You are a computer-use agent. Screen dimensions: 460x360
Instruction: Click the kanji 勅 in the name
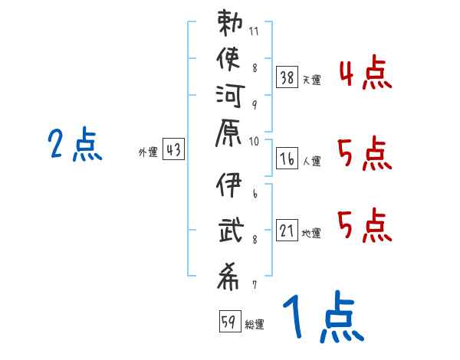(x=230, y=23)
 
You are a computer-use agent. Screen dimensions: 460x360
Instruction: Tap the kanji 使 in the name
(x=228, y=59)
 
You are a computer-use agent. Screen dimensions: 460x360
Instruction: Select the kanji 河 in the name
(x=230, y=96)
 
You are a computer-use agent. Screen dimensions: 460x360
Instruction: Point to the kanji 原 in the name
(x=228, y=133)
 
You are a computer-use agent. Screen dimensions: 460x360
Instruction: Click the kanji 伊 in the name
(x=228, y=185)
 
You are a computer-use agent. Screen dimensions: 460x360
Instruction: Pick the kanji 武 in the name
(x=232, y=230)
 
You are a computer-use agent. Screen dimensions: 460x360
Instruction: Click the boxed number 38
(x=287, y=77)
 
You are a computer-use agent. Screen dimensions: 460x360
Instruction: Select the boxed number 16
(x=287, y=159)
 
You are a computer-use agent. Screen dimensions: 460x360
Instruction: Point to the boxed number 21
(x=287, y=230)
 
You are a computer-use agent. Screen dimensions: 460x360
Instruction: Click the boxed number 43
(x=173, y=149)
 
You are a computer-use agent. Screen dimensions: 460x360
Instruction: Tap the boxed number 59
(x=230, y=321)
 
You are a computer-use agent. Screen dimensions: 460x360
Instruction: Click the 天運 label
(x=312, y=80)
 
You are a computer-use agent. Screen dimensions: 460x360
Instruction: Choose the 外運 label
(x=148, y=152)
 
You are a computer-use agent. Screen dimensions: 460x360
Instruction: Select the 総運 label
(x=255, y=324)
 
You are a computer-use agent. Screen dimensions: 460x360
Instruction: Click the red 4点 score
(x=366, y=73)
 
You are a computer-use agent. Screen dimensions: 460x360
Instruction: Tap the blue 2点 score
(x=75, y=144)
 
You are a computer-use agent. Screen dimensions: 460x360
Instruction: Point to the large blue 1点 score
(x=324, y=316)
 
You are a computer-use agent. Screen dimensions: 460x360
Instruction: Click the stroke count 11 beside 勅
(x=254, y=31)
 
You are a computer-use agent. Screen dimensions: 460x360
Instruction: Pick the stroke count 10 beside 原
(x=254, y=142)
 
